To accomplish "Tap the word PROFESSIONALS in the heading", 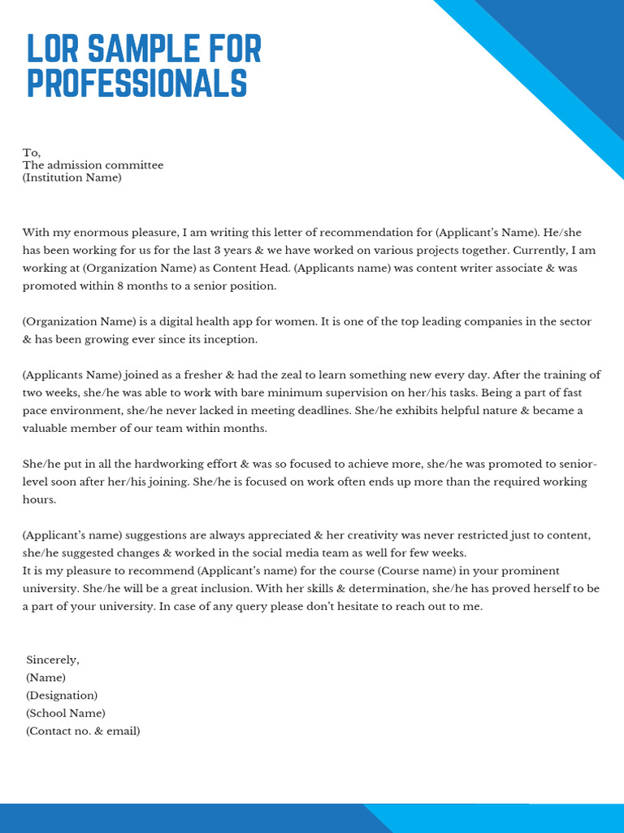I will click(136, 84).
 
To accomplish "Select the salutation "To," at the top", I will click(32, 152).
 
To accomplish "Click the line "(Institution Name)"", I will click(72, 177).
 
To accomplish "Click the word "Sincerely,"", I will click(53, 660).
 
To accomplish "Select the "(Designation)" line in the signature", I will click(62, 696).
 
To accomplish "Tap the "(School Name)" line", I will click(66, 713).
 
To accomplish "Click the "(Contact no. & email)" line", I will click(83, 731).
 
